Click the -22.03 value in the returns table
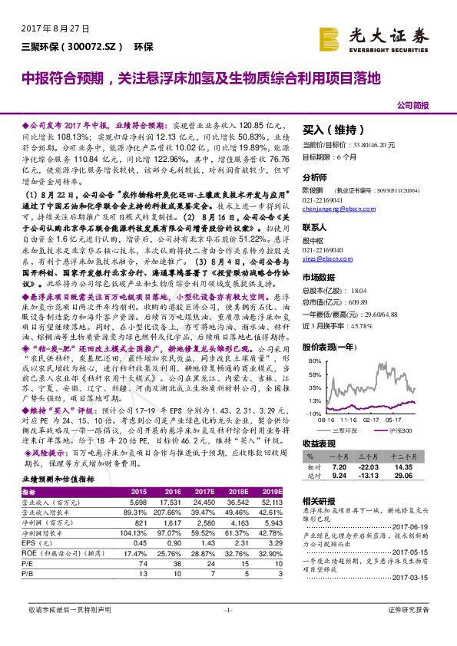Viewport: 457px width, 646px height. [x=369, y=466]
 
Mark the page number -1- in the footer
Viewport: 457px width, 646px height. [x=228, y=630]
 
